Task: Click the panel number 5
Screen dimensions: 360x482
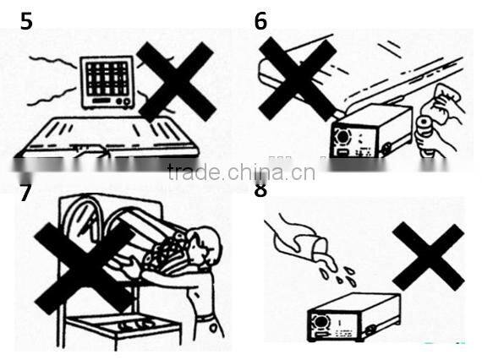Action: click(27, 20)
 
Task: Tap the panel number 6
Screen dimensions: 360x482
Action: click(260, 20)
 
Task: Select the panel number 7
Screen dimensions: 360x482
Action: click(25, 193)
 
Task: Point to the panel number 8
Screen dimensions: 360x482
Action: click(260, 189)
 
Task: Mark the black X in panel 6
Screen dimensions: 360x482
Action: click(297, 78)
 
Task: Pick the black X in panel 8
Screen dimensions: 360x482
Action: click(428, 257)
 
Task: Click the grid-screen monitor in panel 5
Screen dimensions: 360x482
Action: click(107, 82)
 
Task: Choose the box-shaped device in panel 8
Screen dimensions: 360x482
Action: click(351, 316)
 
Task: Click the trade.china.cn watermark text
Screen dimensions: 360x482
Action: click(241, 172)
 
